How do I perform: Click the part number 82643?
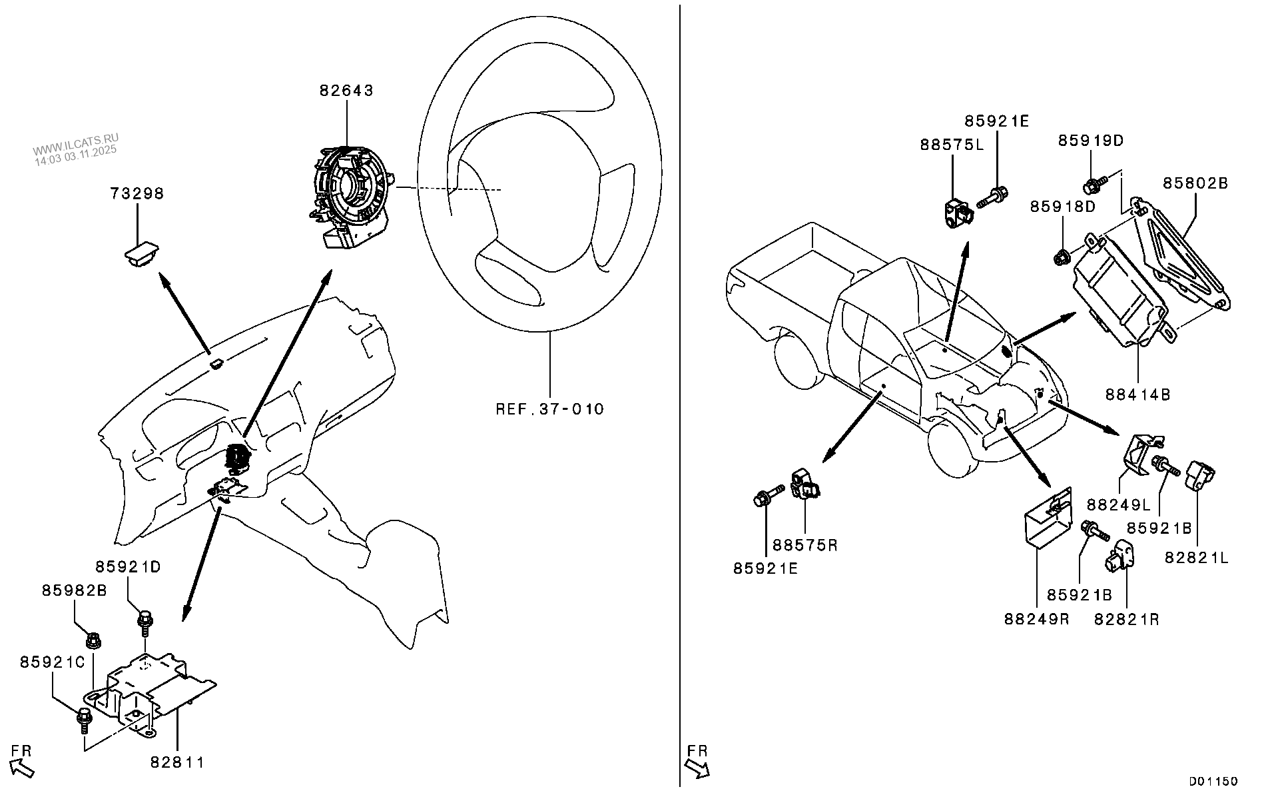pyautogui.click(x=346, y=91)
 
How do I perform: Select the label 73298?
pyautogui.click(x=137, y=193)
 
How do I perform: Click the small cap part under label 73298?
pyautogui.click(x=140, y=255)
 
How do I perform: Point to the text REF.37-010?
pyautogui.click(x=549, y=408)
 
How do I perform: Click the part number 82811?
pyautogui.click(x=176, y=762)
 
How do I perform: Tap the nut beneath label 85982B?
pyautogui.click(x=93, y=641)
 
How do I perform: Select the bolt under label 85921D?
pyautogui.click(x=145, y=624)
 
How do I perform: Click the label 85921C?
pyautogui.click(x=53, y=662)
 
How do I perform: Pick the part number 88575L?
pyautogui.click(x=952, y=145)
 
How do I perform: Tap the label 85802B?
pyautogui.click(x=1195, y=183)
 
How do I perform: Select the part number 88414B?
pyautogui.click(x=1137, y=395)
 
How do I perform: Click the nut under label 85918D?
pyautogui.click(x=1062, y=255)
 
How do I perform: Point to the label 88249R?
pyautogui.click(x=1036, y=618)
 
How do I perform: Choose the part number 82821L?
pyautogui.click(x=1196, y=558)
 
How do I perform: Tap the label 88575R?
pyautogui.click(x=804, y=545)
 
